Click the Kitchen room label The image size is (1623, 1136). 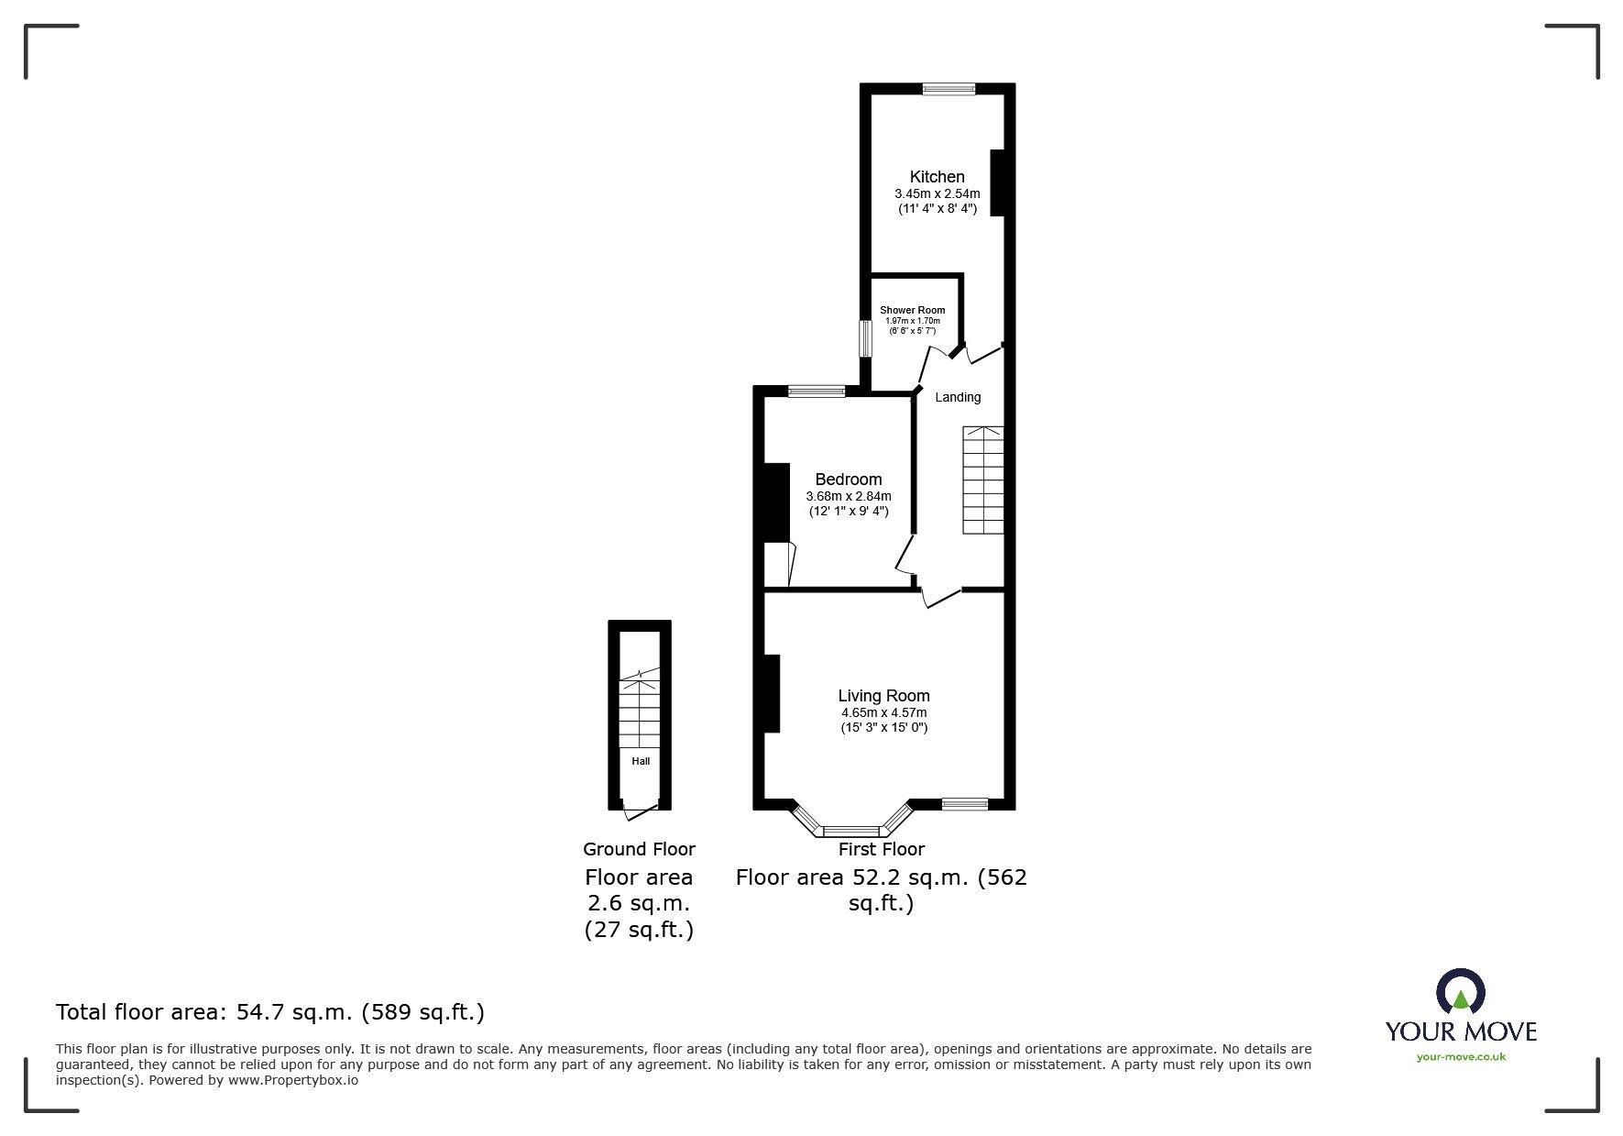point(937,177)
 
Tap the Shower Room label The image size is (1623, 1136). point(912,310)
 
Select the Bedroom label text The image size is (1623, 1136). point(849,480)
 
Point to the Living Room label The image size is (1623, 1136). point(883,696)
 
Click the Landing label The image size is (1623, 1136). point(958,397)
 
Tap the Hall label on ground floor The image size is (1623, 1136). point(641,761)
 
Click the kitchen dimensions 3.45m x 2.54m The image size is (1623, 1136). point(937,193)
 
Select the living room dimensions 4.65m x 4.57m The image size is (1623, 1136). point(883,712)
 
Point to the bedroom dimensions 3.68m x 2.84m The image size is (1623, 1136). point(849,496)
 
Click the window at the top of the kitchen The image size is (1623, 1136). point(949,89)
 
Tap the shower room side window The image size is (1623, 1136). point(864,337)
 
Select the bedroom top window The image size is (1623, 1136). point(817,392)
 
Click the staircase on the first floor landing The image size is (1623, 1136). point(982,480)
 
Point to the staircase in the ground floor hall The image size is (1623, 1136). point(640,711)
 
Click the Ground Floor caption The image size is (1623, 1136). point(639,849)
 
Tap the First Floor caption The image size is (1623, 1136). point(882,849)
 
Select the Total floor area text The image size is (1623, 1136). point(270,1012)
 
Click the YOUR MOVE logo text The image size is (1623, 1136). point(1461,1031)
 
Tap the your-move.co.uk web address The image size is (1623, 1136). point(1461,1057)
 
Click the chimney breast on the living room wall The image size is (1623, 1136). point(772,693)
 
